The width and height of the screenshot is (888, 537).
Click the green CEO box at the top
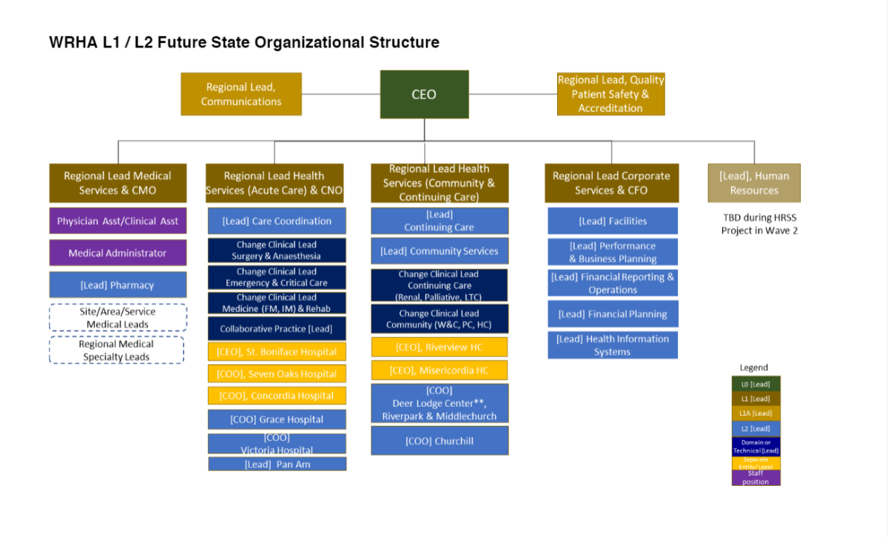(x=424, y=94)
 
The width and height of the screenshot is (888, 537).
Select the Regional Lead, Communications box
(x=241, y=94)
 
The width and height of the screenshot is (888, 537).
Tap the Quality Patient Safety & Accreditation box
(x=610, y=94)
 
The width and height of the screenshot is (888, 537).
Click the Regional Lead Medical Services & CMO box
(x=118, y=183)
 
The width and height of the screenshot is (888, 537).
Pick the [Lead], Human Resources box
(x=754, y=183)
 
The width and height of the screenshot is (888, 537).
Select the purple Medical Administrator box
(x=118, y=253)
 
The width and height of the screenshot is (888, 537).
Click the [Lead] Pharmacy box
(x=118, y=285)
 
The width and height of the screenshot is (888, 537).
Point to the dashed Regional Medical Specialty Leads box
(x=117, y=350)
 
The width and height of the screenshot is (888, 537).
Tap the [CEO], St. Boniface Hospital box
(x=277, y=352)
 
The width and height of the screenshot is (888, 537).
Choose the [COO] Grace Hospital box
(x=277, y=419)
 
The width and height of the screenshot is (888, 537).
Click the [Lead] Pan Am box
(x=277, y=465)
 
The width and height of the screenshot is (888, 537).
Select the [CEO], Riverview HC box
(x=440, y=347)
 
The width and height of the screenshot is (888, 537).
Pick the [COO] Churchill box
(x=440, y=441)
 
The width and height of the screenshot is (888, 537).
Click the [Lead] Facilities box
(x=613, y=221)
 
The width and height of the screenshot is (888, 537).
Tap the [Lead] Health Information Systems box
(x=613, y=345)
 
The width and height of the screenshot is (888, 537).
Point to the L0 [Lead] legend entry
(x=756, y=384)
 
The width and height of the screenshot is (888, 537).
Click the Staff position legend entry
(x=756, y=478)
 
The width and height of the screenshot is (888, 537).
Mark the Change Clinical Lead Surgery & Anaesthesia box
(x=277, y=251)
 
